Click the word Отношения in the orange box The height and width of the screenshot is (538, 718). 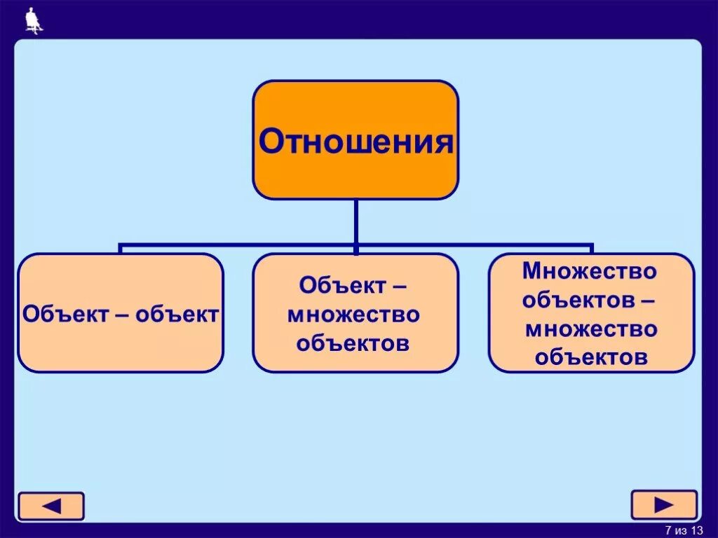pos(355,142)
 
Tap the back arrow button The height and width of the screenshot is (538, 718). pos(51,506)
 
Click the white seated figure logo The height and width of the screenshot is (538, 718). pos(33,20)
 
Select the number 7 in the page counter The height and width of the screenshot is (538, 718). pos(668,530)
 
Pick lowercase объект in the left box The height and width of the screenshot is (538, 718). pos(177,313)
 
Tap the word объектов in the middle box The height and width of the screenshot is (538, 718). pos(353,343)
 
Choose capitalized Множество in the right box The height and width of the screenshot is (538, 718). pos(590,271)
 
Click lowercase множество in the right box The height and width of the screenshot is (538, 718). pos(591,329)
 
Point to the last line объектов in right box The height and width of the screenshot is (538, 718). pos(591,357)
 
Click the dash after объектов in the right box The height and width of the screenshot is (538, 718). pos(648,300)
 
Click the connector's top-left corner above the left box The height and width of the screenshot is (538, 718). pos(121,246)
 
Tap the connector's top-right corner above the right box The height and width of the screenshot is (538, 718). pos(591,246)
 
